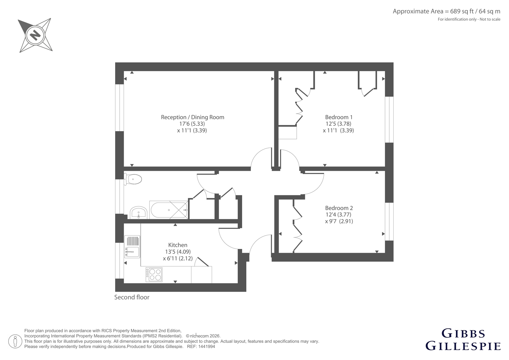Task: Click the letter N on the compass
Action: coord(35,35)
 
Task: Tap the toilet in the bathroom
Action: coord(133,179)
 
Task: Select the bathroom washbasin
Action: coord(139,213)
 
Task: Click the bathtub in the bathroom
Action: coord(169,210)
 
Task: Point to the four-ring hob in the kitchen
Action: coord(154,274)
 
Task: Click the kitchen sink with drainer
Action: coord(132,247)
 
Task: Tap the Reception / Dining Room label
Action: coord(192,117)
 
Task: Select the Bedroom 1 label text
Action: coord(338,117)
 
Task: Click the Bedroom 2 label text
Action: coord(339,208)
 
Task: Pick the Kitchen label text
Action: coord(178,245)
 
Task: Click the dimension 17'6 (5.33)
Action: coord(192,124)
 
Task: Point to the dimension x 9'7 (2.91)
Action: coord(339,221)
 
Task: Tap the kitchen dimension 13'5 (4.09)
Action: coord(178,252)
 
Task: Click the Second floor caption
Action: coord(132,297)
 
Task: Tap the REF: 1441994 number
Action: coord(201,347)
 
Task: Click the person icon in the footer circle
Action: coord(15,341)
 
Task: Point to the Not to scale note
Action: coord(490,19)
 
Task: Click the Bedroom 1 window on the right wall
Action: coord(389,120)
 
